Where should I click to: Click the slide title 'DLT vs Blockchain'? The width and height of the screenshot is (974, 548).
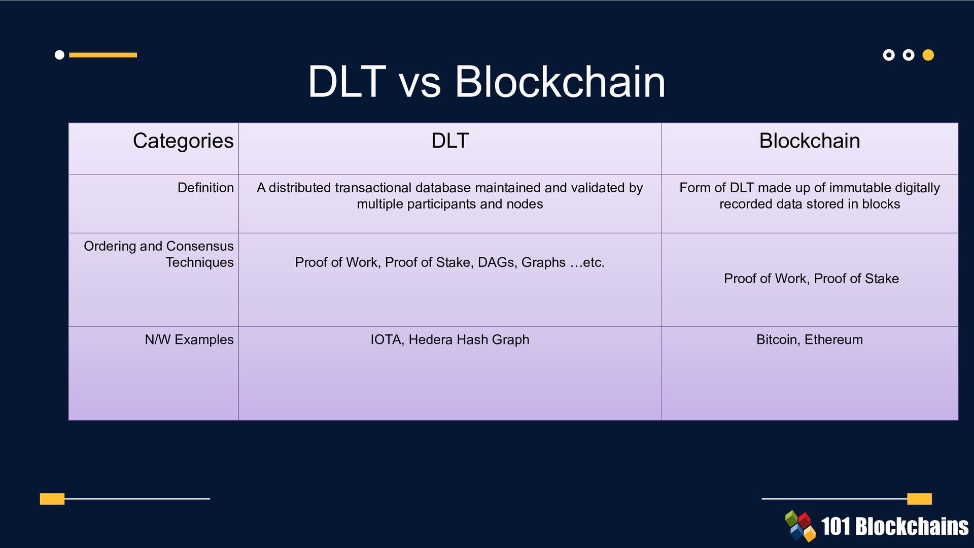(486, 82)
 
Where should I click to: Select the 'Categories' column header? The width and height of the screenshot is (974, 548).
(183, 141)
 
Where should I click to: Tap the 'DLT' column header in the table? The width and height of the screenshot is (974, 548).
(449, 141)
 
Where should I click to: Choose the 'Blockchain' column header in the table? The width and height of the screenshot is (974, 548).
(809, 141)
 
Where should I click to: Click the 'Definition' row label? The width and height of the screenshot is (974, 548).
(205, 188)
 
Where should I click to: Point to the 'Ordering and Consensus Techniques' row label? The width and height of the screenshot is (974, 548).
(159, 254)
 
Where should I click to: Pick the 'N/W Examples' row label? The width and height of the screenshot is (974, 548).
(189, 339)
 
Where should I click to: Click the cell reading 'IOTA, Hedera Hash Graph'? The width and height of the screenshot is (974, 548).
(449, 339)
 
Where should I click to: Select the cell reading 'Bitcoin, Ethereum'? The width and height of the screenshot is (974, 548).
(809, 339)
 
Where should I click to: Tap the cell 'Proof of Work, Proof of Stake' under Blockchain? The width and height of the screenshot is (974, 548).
(811, 279)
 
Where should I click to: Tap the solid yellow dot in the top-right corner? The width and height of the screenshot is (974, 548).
(928, 55)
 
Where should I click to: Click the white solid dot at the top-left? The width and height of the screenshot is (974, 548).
(59, 55)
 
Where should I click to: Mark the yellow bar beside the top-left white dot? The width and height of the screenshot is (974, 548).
(103, 55)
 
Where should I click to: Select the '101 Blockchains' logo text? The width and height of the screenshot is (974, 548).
(894, 527)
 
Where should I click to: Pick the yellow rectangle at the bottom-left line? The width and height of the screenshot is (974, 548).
(52, 499)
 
